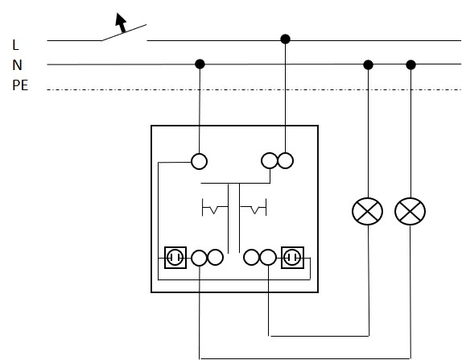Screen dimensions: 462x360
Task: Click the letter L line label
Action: click(15, 45)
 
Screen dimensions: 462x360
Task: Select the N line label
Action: click(17, 65)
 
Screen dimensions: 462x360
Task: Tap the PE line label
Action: click(20, 85)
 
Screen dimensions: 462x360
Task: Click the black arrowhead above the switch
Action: click(121, 19)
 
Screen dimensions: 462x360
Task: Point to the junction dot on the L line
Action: click(285, 39)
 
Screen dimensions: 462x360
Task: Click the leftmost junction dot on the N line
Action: click(200, 64)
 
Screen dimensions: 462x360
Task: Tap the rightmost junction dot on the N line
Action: click(410, 64)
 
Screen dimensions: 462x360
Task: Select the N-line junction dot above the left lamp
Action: click(368, 64)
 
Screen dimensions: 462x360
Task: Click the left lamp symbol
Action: click(367, 211)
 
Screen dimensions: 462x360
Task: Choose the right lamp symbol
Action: click(410, 211)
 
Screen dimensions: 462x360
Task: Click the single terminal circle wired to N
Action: click(199, 161)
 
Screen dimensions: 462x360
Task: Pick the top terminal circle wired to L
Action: click(285, 161)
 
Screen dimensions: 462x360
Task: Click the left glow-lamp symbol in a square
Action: click(175, 258)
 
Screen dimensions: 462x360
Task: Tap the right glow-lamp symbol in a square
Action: click(292, 258)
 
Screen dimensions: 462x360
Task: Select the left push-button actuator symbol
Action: click(215, 208)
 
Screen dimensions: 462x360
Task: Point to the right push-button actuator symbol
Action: click(254, 207)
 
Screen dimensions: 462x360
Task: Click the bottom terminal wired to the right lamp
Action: click(199, 258)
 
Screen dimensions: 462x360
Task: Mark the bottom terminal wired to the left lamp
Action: click(268, 257)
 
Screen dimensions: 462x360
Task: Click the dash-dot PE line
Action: click(254, 89)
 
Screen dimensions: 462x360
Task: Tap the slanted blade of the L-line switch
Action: click(124, 32)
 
